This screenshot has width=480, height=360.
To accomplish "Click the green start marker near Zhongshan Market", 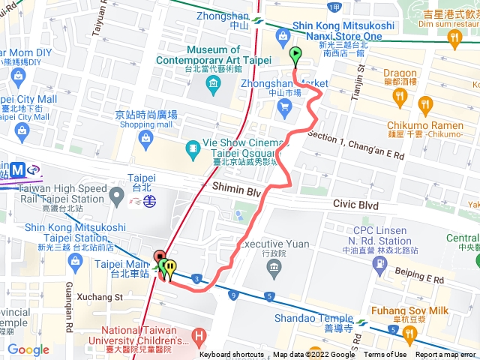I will pos(295,54).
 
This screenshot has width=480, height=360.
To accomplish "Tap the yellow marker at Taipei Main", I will pos(171,266).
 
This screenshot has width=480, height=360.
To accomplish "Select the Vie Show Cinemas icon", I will pos(194,147).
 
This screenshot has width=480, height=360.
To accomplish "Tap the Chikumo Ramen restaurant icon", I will pos(427,104).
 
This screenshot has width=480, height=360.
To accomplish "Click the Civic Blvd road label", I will pos(356,205).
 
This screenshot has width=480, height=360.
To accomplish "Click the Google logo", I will pos(28,349).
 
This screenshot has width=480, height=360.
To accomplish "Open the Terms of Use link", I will pos(385,355).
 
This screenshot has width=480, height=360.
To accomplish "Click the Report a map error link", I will pos(447,355).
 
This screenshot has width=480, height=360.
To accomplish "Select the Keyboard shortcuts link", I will pos(232,355).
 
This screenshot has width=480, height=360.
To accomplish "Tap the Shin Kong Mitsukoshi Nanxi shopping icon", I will pos(283,34).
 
